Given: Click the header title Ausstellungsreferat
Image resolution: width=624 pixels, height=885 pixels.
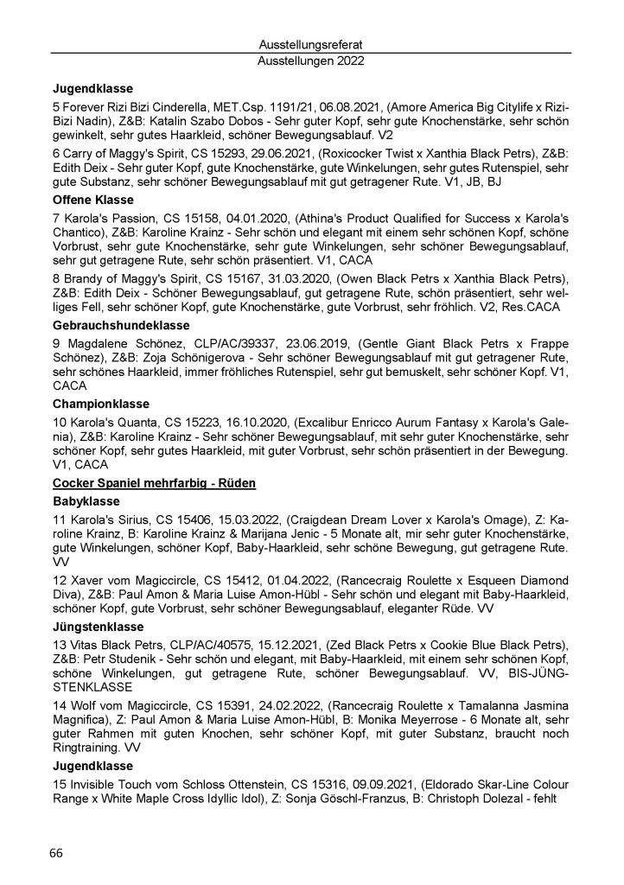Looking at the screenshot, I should pyautogui.click(x=311, y=44).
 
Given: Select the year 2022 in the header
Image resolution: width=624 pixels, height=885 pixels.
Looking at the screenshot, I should pyautogui.click(x=346, y=61).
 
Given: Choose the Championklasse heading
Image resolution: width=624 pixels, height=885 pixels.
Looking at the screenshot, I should pyautogui.click(x=102, y=404).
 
